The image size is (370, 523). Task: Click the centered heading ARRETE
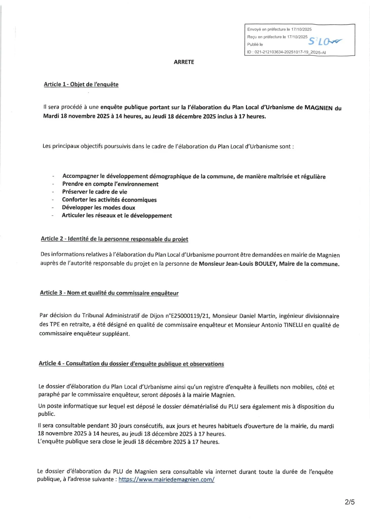pos(184,62)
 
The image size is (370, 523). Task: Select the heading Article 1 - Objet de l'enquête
pos(81,84)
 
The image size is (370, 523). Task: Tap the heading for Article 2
pos(114,239)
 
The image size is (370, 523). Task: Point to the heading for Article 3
pos(109,293)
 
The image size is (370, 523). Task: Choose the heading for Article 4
pos(131,364)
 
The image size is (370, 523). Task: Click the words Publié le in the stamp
pos(255,44)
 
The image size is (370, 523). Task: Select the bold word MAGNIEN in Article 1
pos(318,108)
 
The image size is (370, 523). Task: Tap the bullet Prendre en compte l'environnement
pos(110,184)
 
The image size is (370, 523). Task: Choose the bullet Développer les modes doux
pos(98,208)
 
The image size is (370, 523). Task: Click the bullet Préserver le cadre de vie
pos(95,192)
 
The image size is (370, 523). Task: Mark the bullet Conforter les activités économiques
pos(109,200)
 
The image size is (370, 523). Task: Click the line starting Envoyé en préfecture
pos(279,29)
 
